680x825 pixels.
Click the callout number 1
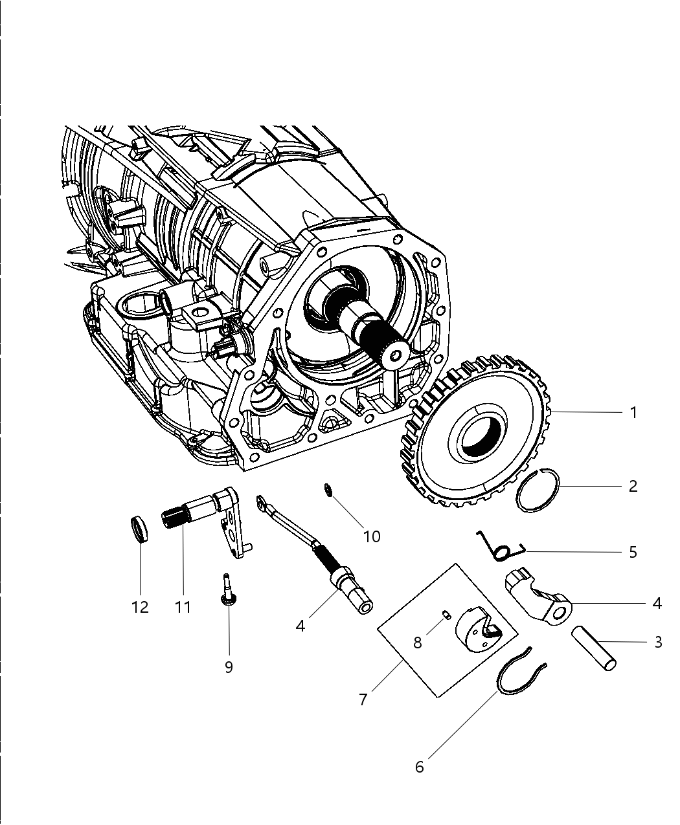pyautogui.click(x=633, y=412)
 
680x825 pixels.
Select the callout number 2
pyautogui.click(x=633, y=486)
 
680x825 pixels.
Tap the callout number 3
pyautogui.click(x=658, y=642)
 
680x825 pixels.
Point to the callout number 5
pyautogui.click(x=633, y=552)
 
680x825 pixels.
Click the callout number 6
pyautogui.click(x=419, y=767)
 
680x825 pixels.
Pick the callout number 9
pyautogui.click(x=229, y=667)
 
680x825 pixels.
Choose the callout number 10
pyautogui.click(x=372, y=536)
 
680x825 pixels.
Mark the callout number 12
pyautogui.click(x=140, y=607)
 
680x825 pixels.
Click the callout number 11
pyautogui.click(x=183, y=607)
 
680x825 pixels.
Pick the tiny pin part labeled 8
pyautogui.click(x=446, y=615)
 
